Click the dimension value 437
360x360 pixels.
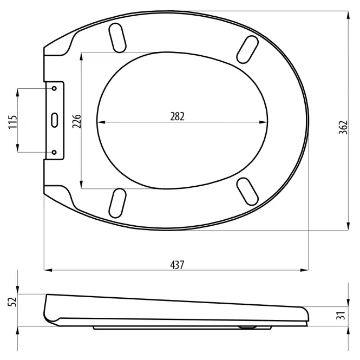coord(177,265)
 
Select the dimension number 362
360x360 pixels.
coord(343,127)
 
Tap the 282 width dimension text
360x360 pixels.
coord(177,116)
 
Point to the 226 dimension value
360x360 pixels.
coord(77,121)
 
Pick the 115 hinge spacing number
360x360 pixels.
coord(13,122)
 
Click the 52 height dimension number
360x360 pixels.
coord(12,302)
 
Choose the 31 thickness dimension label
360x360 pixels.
coord(342,316)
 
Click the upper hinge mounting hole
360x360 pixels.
coord(54,88)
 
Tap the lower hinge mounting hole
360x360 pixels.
coord(54,152)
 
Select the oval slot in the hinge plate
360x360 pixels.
coord(55,120)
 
